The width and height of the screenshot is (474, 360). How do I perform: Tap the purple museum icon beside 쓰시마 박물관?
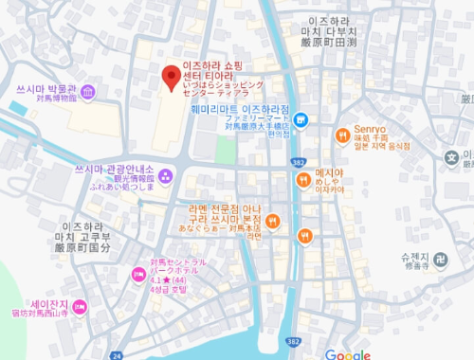87,92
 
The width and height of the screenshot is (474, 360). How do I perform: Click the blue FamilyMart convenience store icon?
301,119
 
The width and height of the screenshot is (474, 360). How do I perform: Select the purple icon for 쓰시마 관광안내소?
165,174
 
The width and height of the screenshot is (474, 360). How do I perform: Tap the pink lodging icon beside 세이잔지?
80,305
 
